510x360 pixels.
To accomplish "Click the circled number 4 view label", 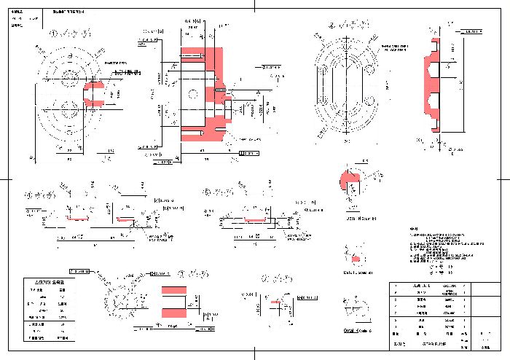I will (x=31, y=195).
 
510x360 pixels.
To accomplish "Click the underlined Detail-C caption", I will (x=357, y=330).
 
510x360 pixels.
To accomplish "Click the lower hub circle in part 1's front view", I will (x=71, y=108).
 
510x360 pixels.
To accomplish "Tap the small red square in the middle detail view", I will (x=356, y=259).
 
